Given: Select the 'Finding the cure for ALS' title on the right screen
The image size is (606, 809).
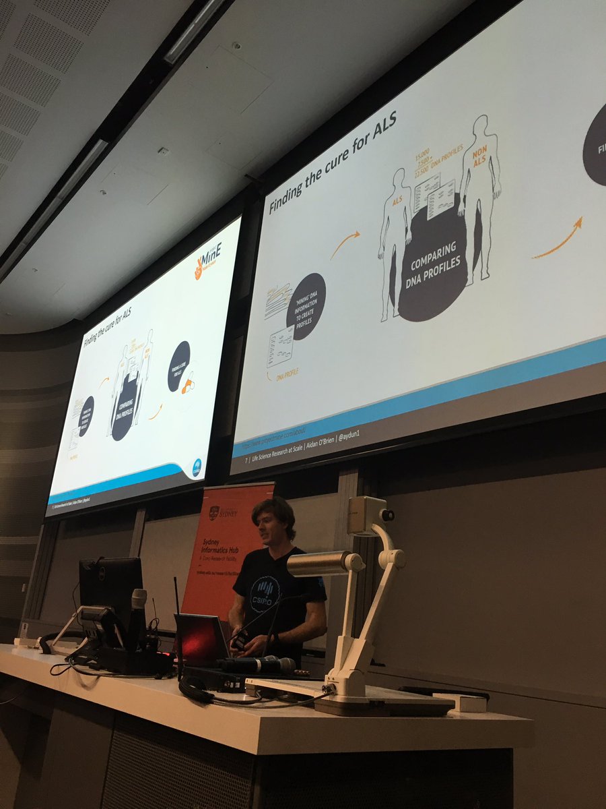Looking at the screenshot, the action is click(333, 162).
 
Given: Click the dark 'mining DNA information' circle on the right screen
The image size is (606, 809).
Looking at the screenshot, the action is click(306, 307).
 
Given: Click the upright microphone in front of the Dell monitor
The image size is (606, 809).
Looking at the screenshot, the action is click(138, 617).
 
